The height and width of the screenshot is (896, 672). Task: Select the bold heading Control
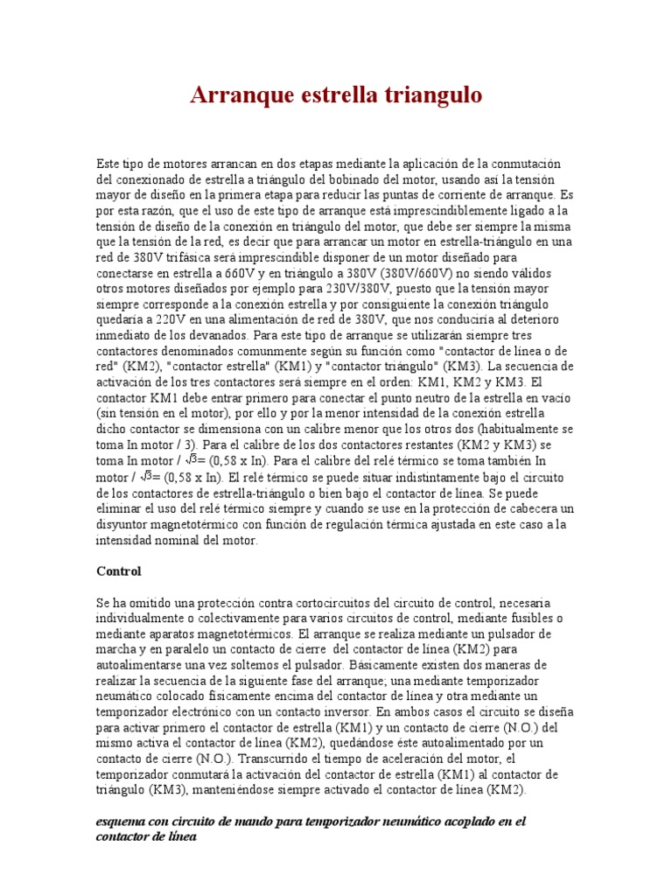point(118,571)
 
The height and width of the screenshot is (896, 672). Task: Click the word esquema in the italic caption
point(122,822)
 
